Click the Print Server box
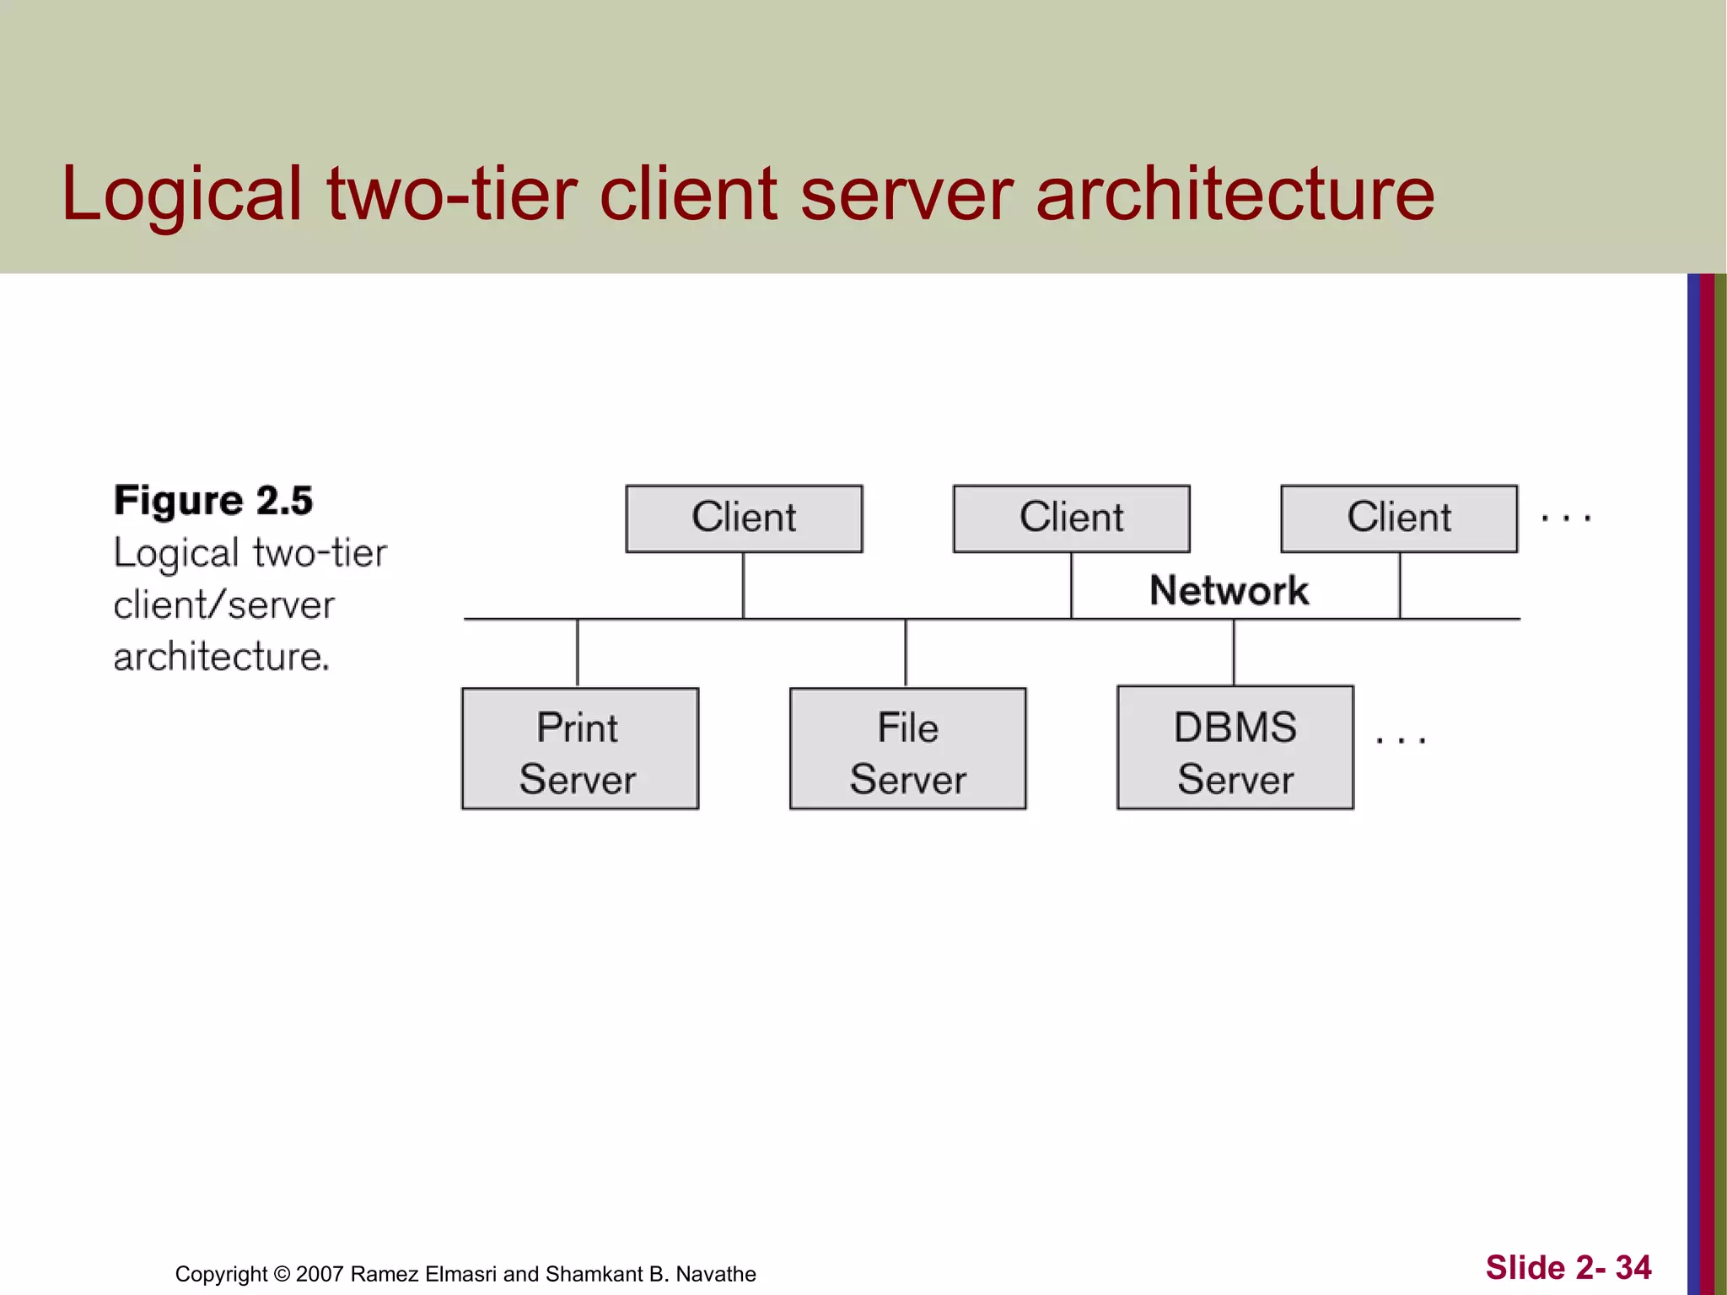(x=579, y=749)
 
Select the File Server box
(x=907, y=749)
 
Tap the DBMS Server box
(x=1235, y=749)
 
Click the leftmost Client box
(x=744, y=519)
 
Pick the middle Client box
(x=1071, y=519)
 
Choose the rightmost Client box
(x=1398, y=519)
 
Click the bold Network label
(x=1229, y=590)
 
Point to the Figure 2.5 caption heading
(x=213, y=501)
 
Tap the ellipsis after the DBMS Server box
(x=1400, y=740)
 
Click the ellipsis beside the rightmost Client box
(x=1565, y=519)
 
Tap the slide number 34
(x=1633, y=1267)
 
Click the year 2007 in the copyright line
(x=320, y=1274)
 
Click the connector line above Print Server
(x=578, y=653)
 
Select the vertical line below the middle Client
(x=1071, y=585)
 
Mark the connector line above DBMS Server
(x=1234, y=653)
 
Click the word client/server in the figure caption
(x=223, y=605)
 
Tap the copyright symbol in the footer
(x=282, y=1274)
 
